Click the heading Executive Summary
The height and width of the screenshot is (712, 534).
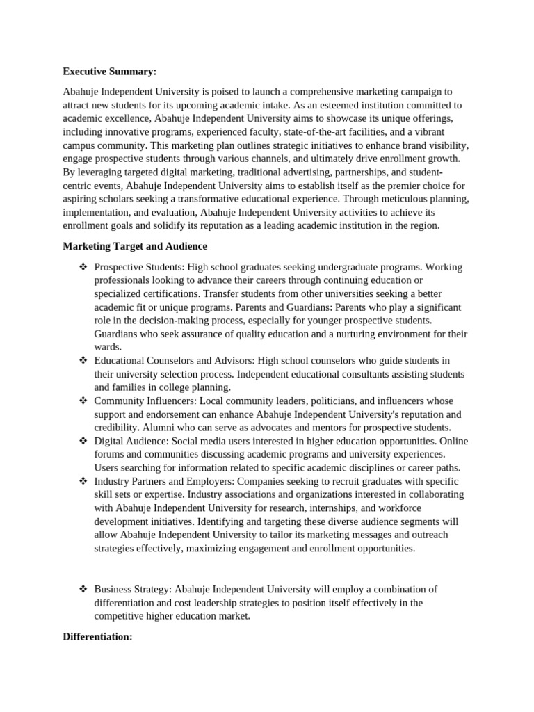pos(109,71)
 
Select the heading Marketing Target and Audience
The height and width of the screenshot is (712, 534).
pos(135,246)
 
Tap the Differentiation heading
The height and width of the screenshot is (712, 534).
pos(97,636)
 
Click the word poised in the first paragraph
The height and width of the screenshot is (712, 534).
pos(215,92)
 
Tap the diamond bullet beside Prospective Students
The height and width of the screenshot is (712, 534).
pos(83,267)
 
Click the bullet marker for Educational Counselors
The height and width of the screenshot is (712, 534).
pos(83,361)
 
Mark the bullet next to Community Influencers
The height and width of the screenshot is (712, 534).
pos(83,401)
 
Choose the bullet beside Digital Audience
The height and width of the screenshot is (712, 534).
pos(83,442)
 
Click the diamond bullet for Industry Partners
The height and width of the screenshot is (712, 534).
pos(83,482)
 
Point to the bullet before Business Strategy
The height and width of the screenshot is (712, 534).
pos(83,590)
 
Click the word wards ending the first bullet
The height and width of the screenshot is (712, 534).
pos(108,347)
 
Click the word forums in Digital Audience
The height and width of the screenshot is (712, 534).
pos(109,455)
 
